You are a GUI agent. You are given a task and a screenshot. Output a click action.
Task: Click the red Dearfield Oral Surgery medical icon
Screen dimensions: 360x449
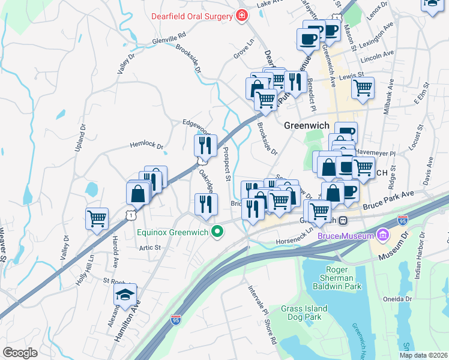tap(242, 15)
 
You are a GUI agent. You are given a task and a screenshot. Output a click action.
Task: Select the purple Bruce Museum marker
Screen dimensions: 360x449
tap(382, 233)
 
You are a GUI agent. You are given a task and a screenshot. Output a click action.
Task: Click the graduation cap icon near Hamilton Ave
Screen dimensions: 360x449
tap(125, 295)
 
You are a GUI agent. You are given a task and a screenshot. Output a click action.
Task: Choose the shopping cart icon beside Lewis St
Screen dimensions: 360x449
tap(363, 88)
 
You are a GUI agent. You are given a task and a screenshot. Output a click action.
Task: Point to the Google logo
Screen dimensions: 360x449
tap(20, 353)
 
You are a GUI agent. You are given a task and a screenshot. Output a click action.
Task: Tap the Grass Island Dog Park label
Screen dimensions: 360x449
tap(304, 313)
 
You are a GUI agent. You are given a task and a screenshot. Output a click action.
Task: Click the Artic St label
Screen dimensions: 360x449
tap(149, 247)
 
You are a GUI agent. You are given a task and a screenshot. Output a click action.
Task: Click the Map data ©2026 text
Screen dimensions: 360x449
tap(423, 355)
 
